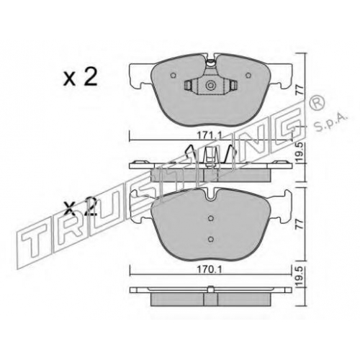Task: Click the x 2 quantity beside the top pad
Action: click(80, 77)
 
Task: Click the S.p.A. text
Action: click(330, 122)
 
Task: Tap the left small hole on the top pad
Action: click(173, 76)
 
